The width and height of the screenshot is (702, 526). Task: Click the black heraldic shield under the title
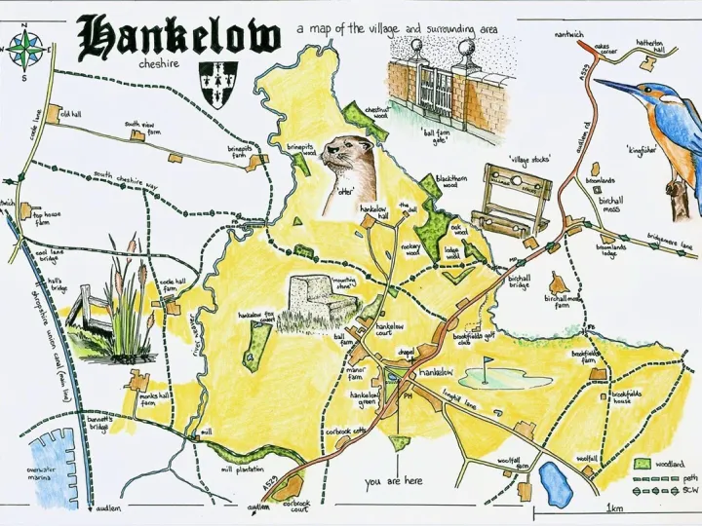point(218,81)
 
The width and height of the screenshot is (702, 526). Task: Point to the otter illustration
point(352,166)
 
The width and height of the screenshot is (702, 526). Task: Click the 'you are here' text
point(393,481)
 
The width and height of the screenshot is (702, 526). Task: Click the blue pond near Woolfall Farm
point(555,484)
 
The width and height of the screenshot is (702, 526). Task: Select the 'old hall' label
point(70,114)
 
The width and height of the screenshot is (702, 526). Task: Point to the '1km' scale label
point(614,507)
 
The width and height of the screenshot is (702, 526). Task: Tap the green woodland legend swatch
point(641,465)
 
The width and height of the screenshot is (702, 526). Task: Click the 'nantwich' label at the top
point(568,35)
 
